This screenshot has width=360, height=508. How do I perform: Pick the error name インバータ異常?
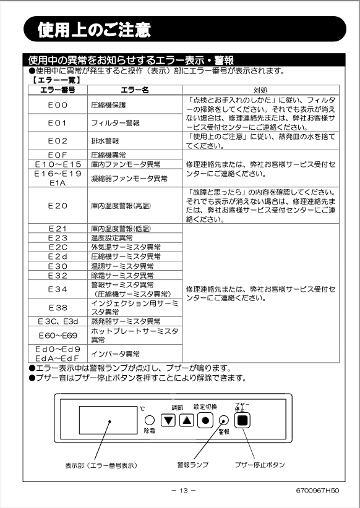coord(115,353)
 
